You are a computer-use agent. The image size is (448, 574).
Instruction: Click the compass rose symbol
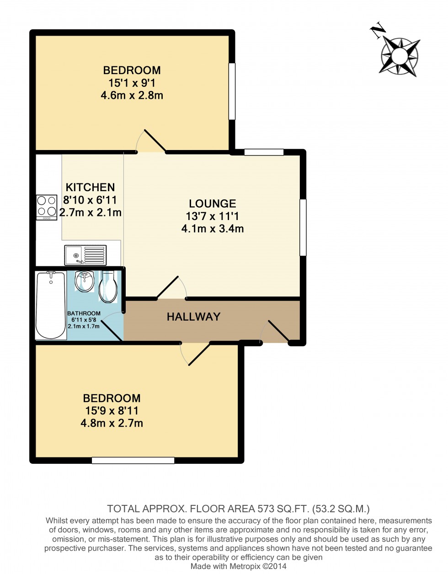400,56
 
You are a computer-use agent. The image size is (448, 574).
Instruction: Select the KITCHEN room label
90,187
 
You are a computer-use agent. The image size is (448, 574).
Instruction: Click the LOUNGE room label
212,204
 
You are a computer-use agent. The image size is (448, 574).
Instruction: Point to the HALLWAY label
193,317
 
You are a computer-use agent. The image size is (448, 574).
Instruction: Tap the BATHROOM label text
84,313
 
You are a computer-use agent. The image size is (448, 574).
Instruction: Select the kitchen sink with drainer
85,255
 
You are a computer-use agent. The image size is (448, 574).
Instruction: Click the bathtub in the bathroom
50,305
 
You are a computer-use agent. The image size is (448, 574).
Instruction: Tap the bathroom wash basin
85,281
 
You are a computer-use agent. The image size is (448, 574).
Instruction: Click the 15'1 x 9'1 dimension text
132,83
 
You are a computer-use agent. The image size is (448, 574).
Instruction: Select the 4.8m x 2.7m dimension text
112,423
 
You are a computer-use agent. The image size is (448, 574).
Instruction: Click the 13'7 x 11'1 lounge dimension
212,216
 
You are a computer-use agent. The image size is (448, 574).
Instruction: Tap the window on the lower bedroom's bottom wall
133,460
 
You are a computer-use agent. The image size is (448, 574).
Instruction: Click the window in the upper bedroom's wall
232,91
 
